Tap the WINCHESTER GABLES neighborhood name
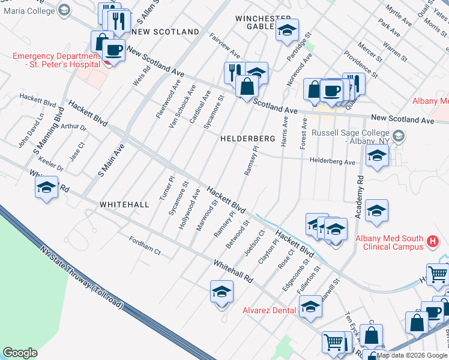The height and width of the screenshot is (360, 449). click(263, 22)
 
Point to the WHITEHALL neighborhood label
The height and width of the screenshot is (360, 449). click(124, 205)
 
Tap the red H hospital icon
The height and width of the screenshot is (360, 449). click(432, 242)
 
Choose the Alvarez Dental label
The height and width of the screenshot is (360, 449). click(269, 310)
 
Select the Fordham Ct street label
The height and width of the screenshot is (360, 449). click(145, 245)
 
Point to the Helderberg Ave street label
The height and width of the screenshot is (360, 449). click(332, 161)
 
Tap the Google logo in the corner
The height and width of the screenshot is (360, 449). click(20, 352)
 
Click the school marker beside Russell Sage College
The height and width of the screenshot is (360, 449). click(377, 156)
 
